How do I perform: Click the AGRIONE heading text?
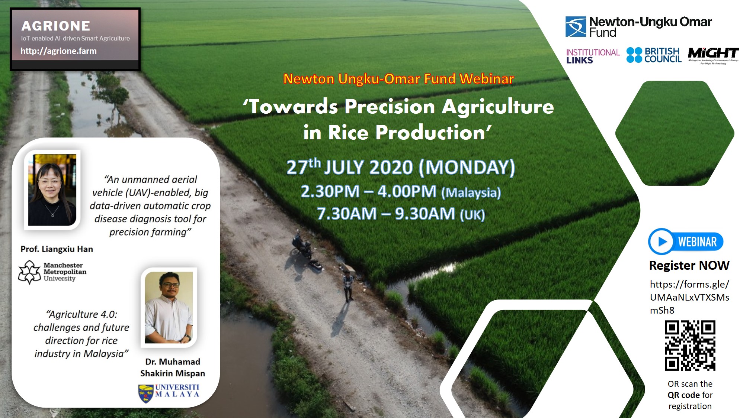(56, 26)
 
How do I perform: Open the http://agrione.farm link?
(58, 51)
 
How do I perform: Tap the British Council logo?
(654, 55)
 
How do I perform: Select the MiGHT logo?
(713, 55)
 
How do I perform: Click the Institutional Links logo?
(593, 56)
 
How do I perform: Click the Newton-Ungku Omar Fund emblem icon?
(576, 26)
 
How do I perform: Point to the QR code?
(690, 346)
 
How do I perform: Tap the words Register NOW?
(689, 265)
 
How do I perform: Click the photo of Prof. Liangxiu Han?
(52, 190)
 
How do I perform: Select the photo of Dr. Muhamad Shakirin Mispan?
(169, 307)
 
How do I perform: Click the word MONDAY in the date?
(467, 167)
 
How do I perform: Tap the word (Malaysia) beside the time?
(471, 192)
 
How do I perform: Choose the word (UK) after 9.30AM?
(472, 215)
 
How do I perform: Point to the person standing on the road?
(348, 286)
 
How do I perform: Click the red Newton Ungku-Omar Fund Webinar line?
(398, 79)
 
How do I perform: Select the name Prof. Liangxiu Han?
(57, 249)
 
